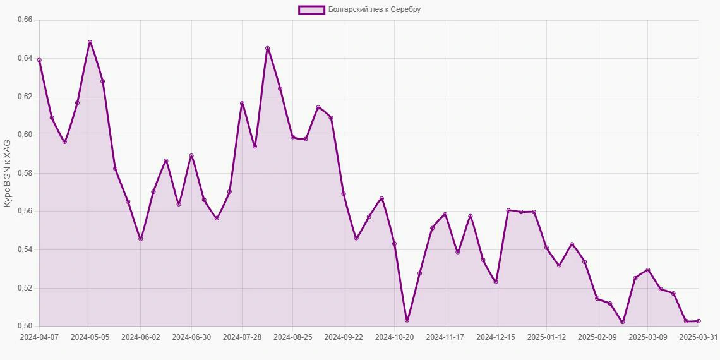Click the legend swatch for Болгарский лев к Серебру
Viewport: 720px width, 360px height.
point(311,9)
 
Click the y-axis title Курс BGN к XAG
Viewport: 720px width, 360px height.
point(7,173)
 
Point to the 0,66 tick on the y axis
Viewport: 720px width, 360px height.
point(25,20)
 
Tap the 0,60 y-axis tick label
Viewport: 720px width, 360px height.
point(25,135)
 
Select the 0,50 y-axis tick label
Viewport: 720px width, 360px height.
point(25,326)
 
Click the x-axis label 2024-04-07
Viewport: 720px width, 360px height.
point(39,337)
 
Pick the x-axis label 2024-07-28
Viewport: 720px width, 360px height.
point(242,337)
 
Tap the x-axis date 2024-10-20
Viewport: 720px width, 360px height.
point(394,337)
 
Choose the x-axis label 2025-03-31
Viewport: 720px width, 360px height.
point(699,337)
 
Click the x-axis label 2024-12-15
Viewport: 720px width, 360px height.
point(496,337)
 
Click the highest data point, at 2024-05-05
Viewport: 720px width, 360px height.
point(90,42)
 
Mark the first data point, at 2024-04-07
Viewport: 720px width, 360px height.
point(39,60)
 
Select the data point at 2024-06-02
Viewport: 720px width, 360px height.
point(140,239)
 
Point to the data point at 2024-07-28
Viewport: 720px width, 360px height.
point(242,104)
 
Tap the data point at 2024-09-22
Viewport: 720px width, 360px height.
point(344,194)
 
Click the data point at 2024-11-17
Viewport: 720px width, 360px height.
point(445,215)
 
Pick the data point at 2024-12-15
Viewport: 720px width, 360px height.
point(496,282)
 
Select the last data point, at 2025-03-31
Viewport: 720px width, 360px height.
point(699,321)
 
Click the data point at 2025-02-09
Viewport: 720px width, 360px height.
point(597,299)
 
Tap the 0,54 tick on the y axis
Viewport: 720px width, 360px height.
point(25,249)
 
